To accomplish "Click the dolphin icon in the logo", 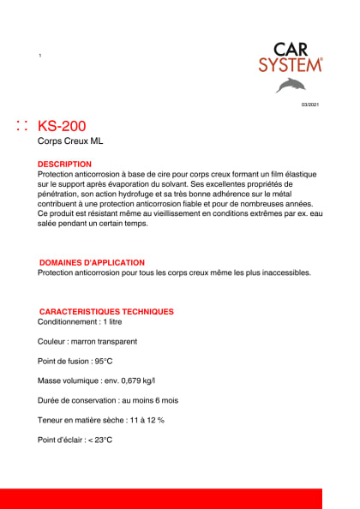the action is (290, 85).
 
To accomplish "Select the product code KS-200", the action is (62, 126).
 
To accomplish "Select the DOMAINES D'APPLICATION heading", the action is (92, 262).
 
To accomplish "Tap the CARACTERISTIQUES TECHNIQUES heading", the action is (106, 312).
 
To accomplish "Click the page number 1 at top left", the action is (40, 56).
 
